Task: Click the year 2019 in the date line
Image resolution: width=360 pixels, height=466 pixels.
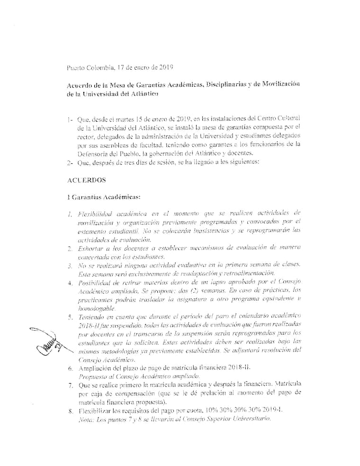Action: [x=164, y=68]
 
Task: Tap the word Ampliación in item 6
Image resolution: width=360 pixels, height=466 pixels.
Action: [x=96, y=367]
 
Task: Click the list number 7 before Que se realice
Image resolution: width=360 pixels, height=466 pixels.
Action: [x=70, y=385]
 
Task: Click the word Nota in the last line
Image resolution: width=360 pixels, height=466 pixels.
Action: [x=85, y=419]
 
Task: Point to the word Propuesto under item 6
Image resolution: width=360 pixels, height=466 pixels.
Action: [x=93, y=376]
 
